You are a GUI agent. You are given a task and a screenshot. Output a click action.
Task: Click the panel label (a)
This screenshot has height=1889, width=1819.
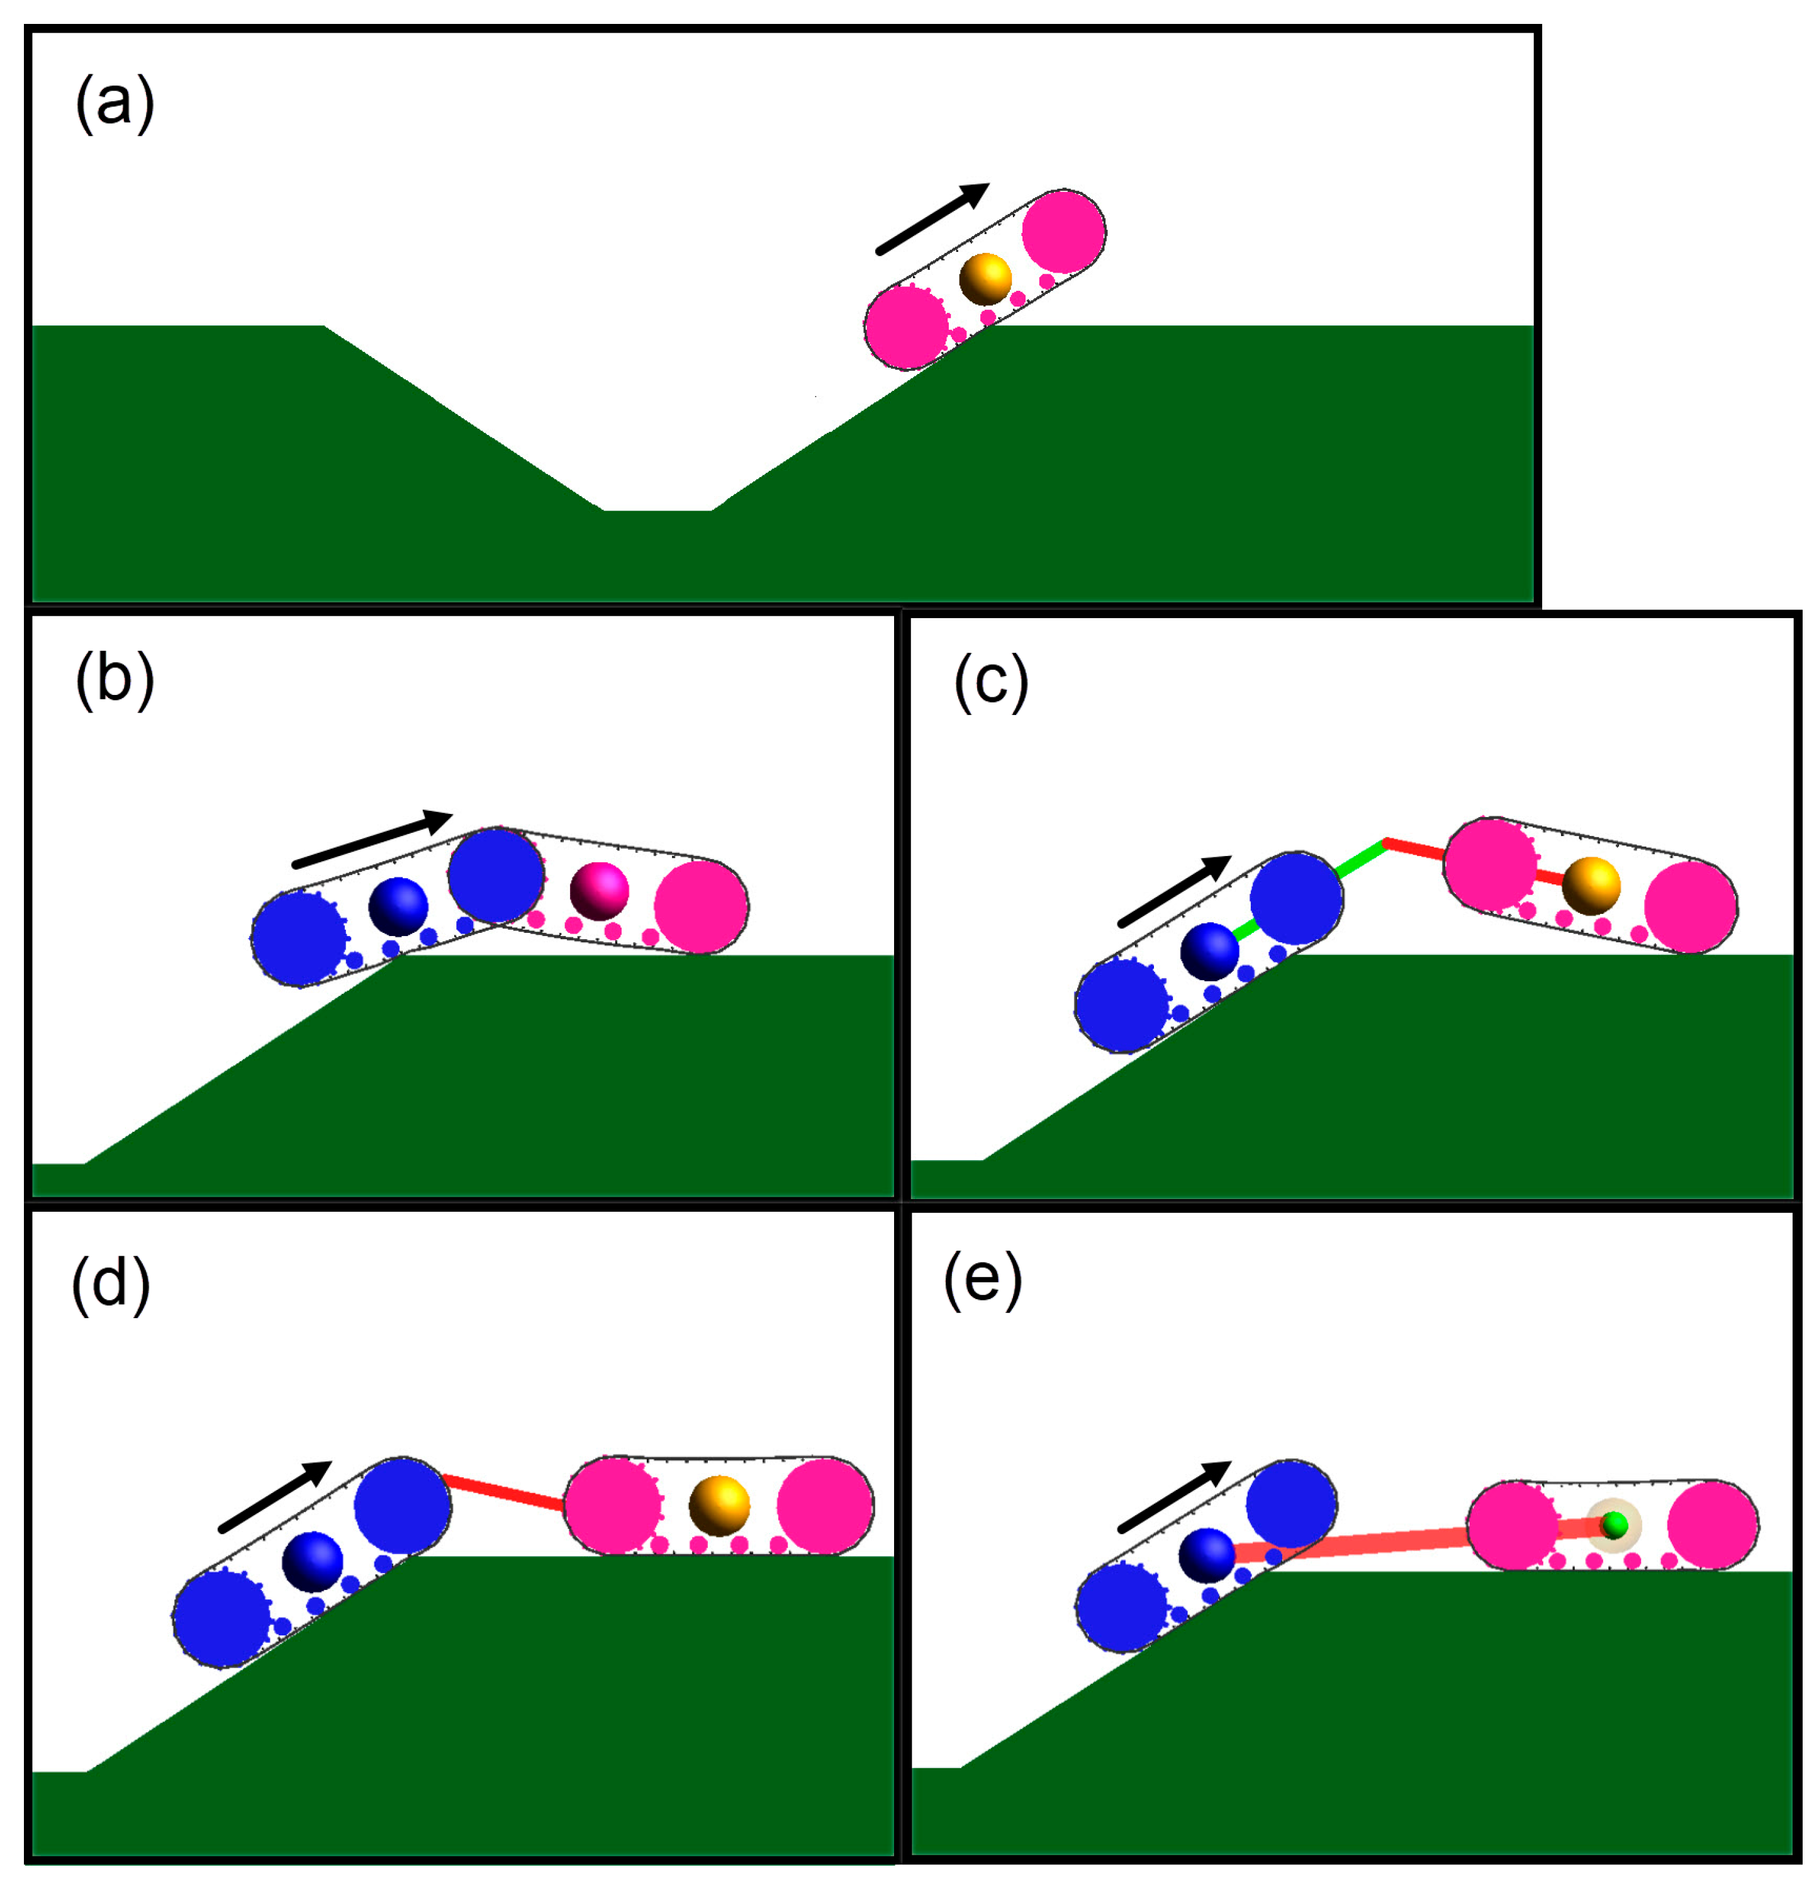115,103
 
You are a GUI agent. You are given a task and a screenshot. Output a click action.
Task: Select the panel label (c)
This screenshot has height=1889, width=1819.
990,682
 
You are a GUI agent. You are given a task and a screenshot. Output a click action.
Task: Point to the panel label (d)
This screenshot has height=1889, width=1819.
111,1285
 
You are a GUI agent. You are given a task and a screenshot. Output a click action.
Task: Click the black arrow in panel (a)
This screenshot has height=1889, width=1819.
932,219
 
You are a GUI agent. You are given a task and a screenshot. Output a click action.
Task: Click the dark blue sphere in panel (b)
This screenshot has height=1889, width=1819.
398,906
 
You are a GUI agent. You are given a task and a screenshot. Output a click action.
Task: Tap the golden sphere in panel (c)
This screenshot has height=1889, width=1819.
1591,886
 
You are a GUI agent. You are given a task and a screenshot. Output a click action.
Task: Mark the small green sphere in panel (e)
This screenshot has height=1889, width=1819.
1615,1525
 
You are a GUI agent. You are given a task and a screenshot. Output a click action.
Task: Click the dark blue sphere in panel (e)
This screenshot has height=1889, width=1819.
1206,1555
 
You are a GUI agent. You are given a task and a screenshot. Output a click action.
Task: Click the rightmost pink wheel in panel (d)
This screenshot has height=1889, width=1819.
825,1506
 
